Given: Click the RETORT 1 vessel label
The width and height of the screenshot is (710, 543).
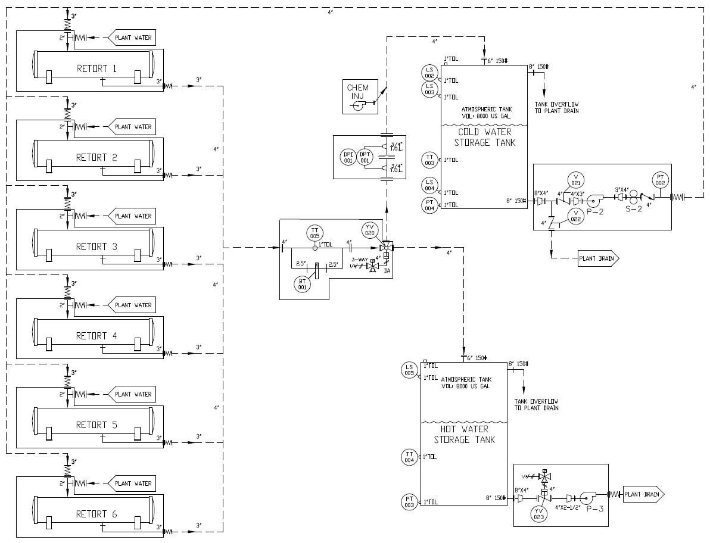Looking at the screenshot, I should coord(96,68).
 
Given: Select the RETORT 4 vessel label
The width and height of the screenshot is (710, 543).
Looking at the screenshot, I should coord(96,336).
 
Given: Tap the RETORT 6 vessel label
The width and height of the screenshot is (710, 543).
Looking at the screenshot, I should coord(96,514).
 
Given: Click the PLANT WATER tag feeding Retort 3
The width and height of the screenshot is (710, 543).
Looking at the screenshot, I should coord(132,216).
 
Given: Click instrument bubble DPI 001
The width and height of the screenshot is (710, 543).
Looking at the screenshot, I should coord(348,157).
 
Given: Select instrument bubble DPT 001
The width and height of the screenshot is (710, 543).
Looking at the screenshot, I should coord(365,157).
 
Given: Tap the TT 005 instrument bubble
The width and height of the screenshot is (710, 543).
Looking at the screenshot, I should coord(315,232).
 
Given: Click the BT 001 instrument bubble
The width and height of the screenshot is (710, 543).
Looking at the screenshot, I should coord(302,284).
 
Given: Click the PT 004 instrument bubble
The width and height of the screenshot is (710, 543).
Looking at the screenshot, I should coord(429,205).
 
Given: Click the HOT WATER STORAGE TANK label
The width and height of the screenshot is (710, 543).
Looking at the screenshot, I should coord(464,434).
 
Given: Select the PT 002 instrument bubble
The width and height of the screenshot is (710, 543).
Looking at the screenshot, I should coord(659,180).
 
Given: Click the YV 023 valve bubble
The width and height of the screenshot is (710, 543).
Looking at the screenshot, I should coord(539,513).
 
